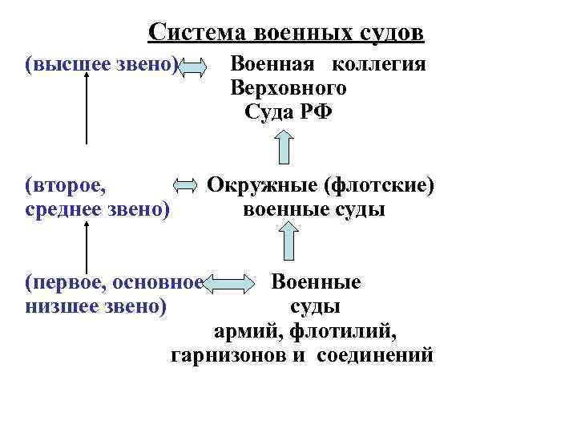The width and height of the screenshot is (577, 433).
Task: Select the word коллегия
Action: [x=379, y=64]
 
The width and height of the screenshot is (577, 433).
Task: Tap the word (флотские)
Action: [x=378, y=186]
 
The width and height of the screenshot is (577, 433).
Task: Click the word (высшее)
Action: [x=63, y=64]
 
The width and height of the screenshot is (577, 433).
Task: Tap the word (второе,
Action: [x=64, y=186]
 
